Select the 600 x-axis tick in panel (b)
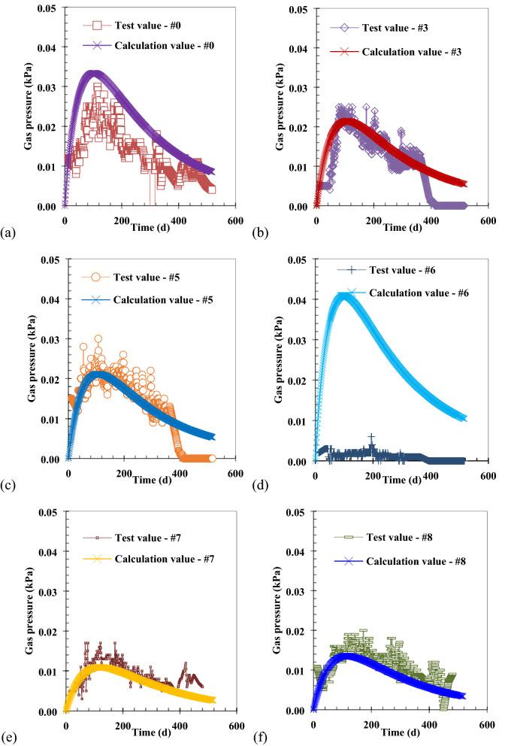[488, 221]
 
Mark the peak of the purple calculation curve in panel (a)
[93, 73]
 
